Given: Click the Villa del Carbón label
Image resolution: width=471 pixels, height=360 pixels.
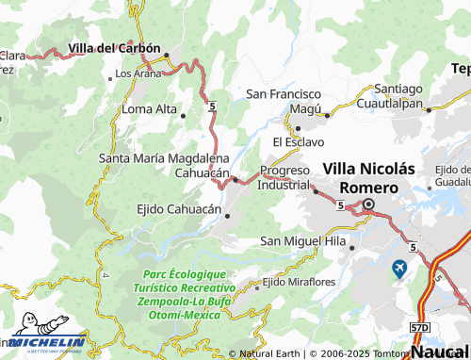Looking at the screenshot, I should pos(115,47).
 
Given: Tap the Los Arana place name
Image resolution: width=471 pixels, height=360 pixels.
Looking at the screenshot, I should pos(137,73).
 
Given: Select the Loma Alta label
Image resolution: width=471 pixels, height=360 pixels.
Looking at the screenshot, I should pos(150,109).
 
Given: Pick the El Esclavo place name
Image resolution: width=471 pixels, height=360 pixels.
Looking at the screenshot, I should pos(298,141).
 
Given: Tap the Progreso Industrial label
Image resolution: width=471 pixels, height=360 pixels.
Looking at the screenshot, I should pos(284,177).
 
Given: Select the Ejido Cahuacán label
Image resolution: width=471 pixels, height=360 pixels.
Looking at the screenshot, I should pos(179,209).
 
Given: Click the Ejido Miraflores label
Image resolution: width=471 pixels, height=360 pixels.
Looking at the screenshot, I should pos(299,282).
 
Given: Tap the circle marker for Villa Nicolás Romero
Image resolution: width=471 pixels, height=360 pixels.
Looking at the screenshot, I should pos(368,205).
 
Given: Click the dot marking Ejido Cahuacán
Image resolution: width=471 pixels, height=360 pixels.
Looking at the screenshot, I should pos(227,216).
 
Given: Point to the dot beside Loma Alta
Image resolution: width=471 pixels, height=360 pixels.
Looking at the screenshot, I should pos(183,115).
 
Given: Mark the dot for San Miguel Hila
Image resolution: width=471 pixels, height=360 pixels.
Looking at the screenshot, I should pos(350,248).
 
